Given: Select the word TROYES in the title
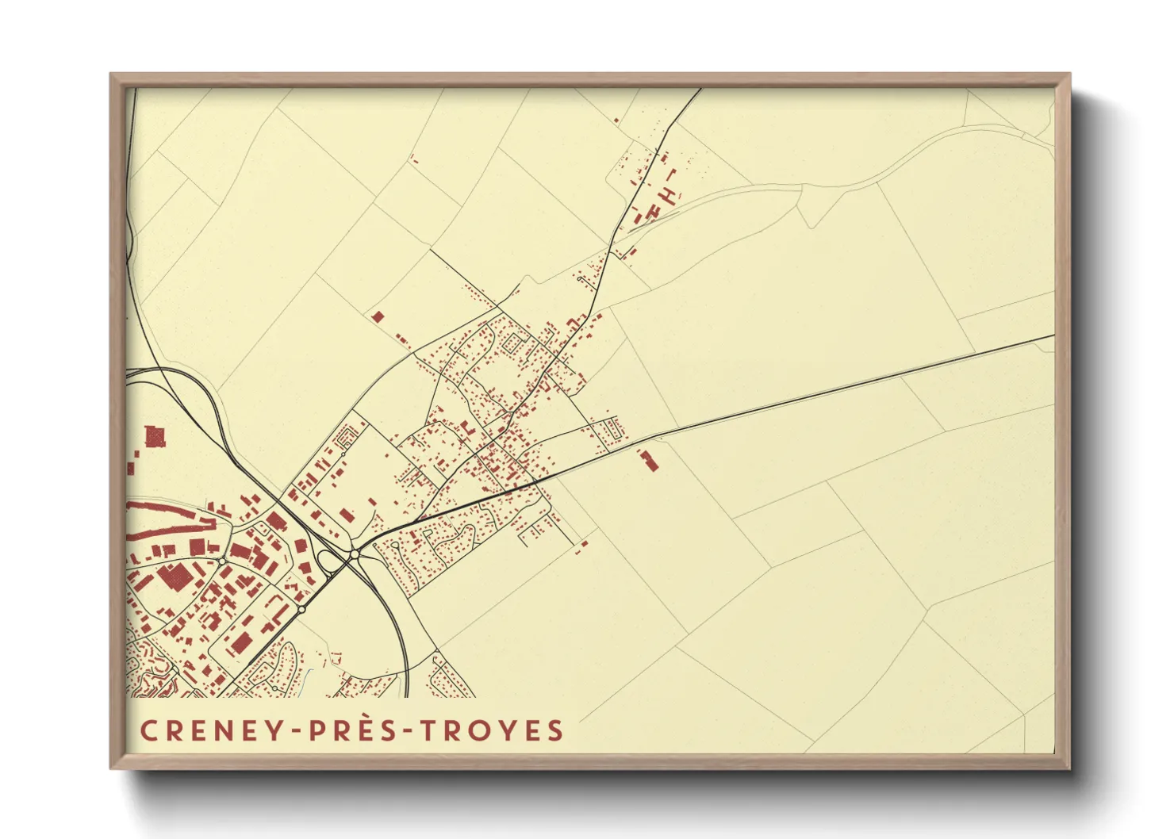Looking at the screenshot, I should (x=492, y=730).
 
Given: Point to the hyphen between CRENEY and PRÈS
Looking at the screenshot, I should (x=297, y=731).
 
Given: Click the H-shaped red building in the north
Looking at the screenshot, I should (x=670, y=193).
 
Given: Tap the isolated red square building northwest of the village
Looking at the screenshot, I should (x=378, y=316).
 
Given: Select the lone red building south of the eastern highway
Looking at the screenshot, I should (x=650, y=460).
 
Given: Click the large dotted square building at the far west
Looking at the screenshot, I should (x=155, y=436).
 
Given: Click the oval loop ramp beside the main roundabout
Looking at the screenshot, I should (x=327, y=561).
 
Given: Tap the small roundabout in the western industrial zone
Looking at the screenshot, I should (x=223, y=561).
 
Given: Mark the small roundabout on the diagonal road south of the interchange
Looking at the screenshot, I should (x=301, y=609).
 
